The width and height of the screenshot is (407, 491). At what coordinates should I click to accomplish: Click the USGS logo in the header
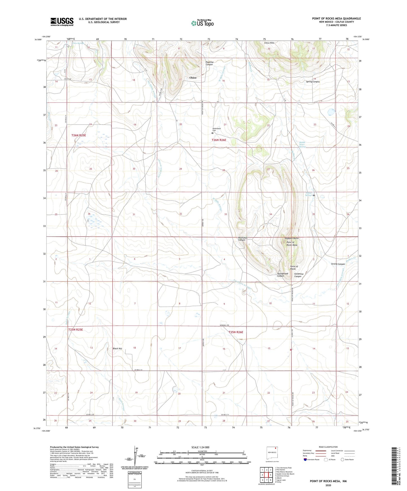pos(62,22)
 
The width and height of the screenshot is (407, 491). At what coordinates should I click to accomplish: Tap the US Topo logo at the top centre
pos(202,23)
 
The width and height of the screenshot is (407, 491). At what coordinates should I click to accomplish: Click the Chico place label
pos(193,78)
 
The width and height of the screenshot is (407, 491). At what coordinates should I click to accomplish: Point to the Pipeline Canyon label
pos(209,63)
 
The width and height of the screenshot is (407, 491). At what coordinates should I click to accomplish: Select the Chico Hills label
pos(269,43)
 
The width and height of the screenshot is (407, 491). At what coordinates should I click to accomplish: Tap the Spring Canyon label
pos(313,82)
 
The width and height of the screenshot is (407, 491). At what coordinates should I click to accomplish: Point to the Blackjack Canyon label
pos(242,239)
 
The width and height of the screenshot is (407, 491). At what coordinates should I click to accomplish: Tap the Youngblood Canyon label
pos(283,275)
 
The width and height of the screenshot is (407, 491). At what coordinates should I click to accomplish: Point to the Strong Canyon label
pos(338,264)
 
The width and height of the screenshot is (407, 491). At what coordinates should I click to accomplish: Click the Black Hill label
pos(117,348)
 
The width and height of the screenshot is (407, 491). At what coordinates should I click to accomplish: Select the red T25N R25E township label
pos(75,329)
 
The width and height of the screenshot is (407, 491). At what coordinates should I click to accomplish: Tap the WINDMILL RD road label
pos(226,326)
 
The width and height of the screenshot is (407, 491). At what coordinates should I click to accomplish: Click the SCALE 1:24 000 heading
pos(200,447)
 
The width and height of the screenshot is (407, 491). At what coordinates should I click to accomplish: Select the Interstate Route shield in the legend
pos(306,460)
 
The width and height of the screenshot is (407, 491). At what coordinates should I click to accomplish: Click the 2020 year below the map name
pos(328,485)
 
